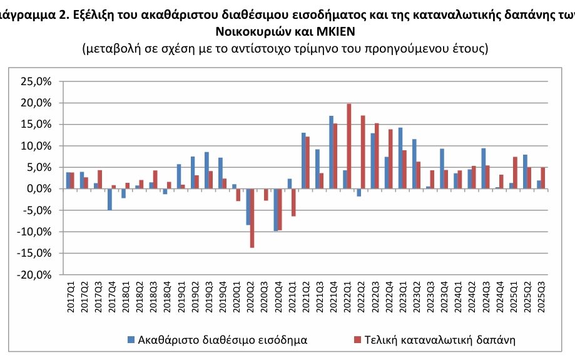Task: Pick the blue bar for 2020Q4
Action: (275, 210)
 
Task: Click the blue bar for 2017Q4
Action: (109, 199)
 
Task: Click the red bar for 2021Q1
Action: (293, 202)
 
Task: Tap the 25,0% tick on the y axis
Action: (36, 81)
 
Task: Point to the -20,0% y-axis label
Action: (34, 274)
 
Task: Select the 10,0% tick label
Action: (36, 146)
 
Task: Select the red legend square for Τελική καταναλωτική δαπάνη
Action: (357, 340)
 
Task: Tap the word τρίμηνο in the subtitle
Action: (328, 48)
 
